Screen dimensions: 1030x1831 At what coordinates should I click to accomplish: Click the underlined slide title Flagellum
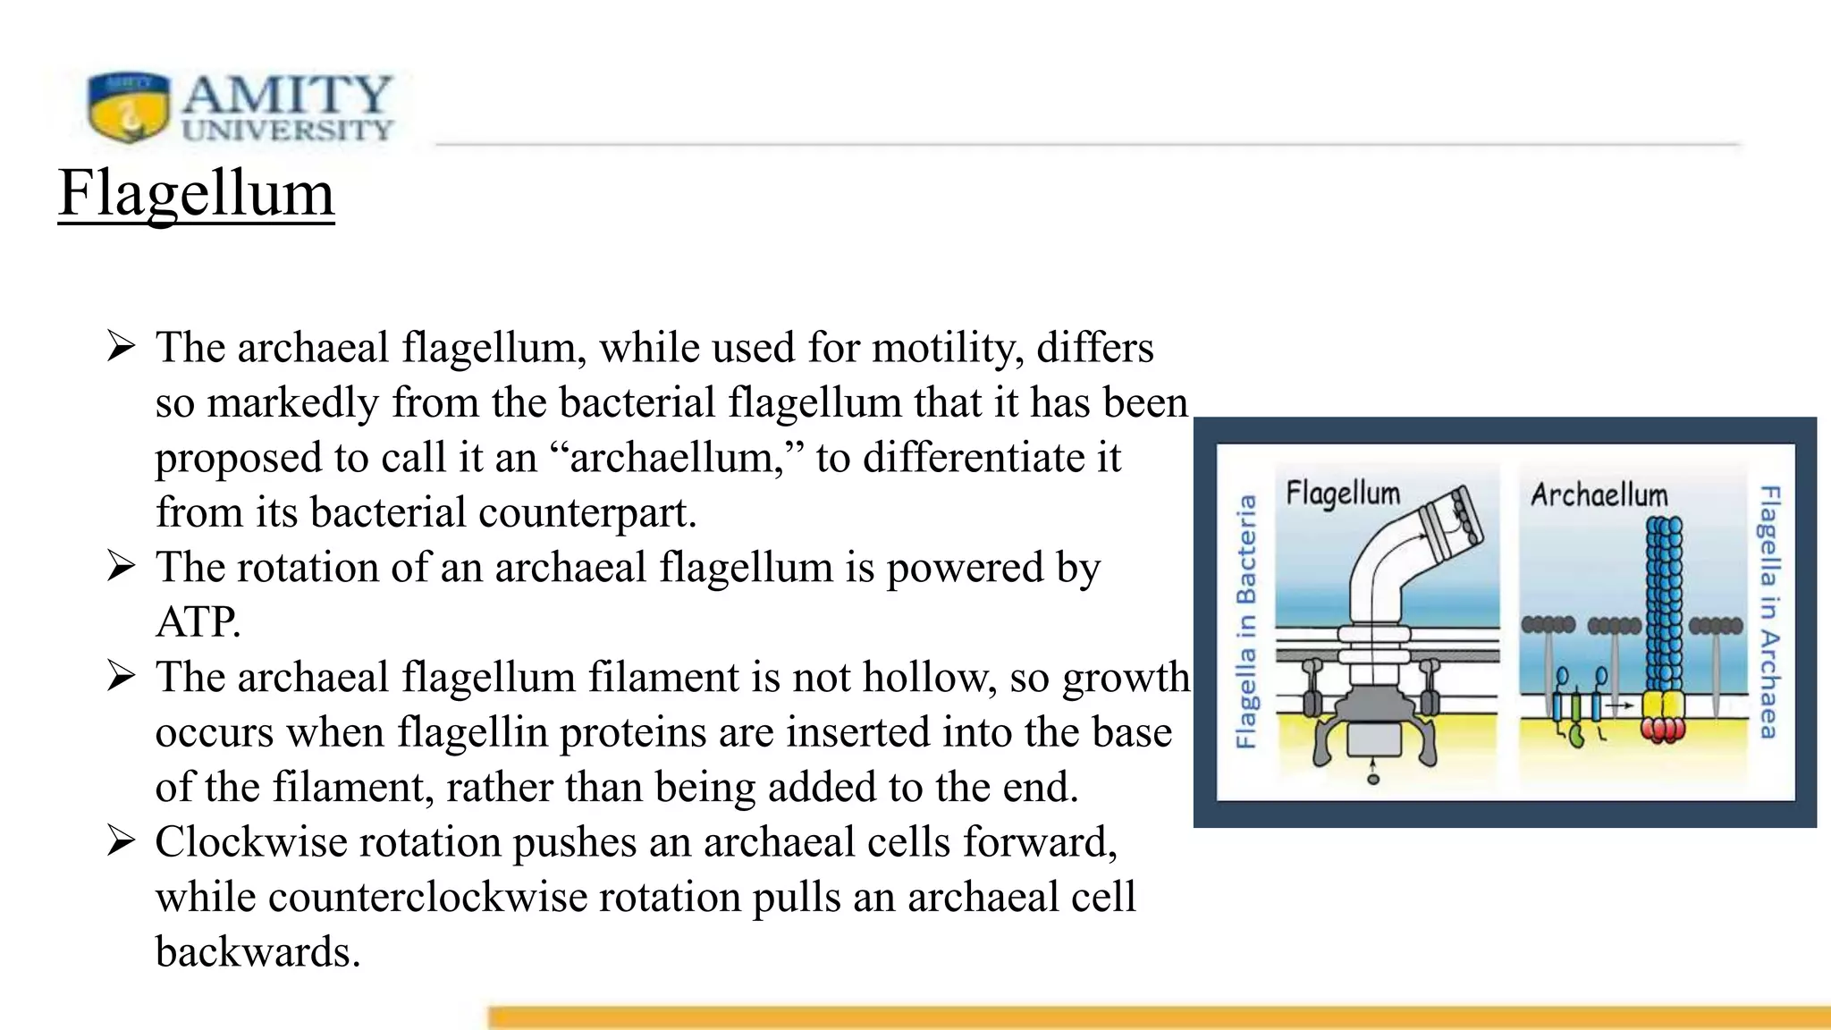[196, 193]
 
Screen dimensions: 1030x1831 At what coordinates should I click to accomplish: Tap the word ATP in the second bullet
[198, 622]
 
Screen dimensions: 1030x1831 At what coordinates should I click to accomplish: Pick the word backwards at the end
[257, 952]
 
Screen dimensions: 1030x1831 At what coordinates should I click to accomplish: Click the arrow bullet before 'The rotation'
[121, 566]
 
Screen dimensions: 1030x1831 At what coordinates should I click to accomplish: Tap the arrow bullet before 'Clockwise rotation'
[121, 841]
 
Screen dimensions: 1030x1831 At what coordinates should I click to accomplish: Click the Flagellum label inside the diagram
[1343, 494]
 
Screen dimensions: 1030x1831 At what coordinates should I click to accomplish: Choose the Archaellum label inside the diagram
[1599, 494]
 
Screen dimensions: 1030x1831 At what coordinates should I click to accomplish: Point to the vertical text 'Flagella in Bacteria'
[1245, 621]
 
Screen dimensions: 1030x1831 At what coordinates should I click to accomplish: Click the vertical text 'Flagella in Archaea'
[1769, 612]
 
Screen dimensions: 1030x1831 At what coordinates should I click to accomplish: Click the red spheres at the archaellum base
[1663, 731]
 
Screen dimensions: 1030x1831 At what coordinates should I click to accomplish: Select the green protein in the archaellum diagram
[1576, 735]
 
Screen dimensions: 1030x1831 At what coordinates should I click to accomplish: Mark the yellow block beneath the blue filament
[1663, 704]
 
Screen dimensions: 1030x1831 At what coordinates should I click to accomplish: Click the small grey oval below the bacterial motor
[1373, 779]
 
